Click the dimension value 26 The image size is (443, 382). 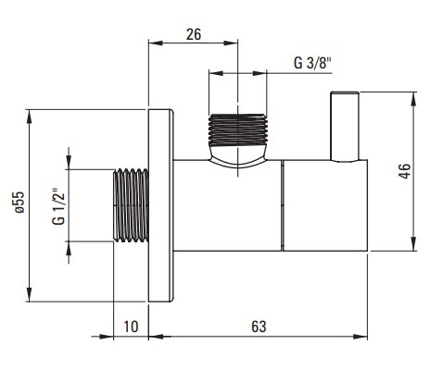(x=194, y=34)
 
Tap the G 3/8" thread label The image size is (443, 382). (x=312, y=63)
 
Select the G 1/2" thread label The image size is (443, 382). (x=59, y=206)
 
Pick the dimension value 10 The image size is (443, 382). (x=131, y=327)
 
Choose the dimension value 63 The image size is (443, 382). (x=259, y=327)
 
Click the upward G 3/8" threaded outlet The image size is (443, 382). (x=238, y=129)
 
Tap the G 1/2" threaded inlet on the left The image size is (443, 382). (x=131, y=205)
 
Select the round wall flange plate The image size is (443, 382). (x=160, y=205)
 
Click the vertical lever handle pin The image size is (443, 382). (x=345, y=127)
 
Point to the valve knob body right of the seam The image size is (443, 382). (x=325, y=205)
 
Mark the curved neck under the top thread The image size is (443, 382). (x=237, y=156)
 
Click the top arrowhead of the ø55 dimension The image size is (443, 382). (x=30, y=117)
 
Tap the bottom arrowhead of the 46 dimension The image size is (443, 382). (x=413, y=244)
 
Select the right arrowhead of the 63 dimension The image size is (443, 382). (x=361, y=337)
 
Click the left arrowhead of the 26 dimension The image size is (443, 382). (x=156, y=43)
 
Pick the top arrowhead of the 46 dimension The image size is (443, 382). (x=413, y=99)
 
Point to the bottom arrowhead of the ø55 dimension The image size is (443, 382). (x=30, y=294)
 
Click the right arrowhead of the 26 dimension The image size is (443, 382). (x=231, y=43)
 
